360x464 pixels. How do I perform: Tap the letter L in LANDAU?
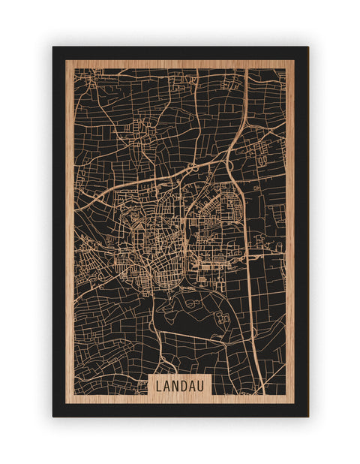[x=160, y=385]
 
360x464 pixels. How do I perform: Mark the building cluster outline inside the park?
[x=220, y=318]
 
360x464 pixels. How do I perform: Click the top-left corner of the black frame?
[x=54, y=48]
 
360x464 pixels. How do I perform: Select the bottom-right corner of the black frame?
[x=307, y=415]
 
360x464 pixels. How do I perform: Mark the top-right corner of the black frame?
[x=307, y=48]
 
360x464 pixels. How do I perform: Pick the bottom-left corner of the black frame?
[x=54, y=415]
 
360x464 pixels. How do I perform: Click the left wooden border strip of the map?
[x=70, y=225]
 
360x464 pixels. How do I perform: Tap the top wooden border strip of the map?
[x=180, y=64]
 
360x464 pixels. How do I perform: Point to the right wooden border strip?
[x=289, y=225]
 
